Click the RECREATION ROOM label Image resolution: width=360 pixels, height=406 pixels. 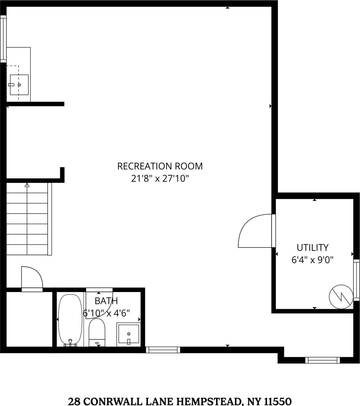coord(160,166)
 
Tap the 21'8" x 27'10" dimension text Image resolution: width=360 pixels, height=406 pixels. coord(160,178)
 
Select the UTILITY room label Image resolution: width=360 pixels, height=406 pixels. coord(312,248)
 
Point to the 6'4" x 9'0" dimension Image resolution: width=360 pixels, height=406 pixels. coord(312,260)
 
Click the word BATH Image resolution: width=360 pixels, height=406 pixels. coord(106,300)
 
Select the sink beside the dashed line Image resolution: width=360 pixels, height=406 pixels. coord(19,85)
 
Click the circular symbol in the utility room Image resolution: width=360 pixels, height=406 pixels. coord(341,297)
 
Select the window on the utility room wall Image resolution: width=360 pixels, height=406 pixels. coord(356,280)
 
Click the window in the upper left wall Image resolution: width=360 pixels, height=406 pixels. coord(3,39)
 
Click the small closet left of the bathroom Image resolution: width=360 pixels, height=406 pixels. coord(30,319)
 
